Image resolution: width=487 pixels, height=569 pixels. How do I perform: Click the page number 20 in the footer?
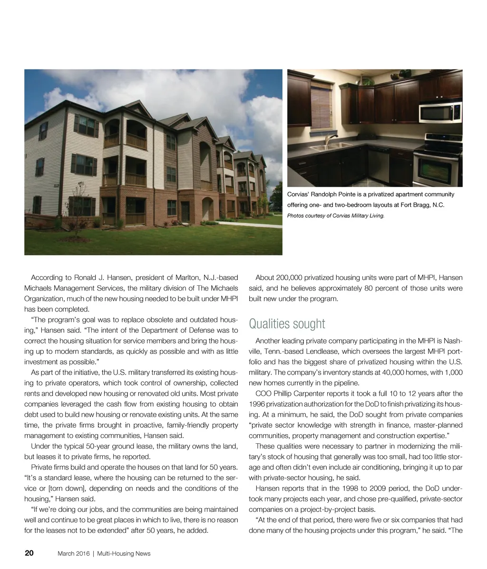pos(29,553)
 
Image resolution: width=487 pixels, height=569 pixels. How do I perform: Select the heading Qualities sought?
pos(287,324)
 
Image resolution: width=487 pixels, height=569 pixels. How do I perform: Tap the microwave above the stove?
pos(439,112)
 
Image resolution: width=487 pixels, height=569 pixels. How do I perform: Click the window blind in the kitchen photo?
pos(321,104)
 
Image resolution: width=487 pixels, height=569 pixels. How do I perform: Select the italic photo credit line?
pos(335,216)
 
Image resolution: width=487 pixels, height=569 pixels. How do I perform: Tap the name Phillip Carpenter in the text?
pos(296,393)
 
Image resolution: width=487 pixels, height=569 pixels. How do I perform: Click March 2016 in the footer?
pos(74,553)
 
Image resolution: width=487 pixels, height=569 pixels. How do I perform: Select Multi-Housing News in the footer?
pos(124,553)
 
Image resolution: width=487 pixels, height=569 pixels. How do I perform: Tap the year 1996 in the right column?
pos(257,404)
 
